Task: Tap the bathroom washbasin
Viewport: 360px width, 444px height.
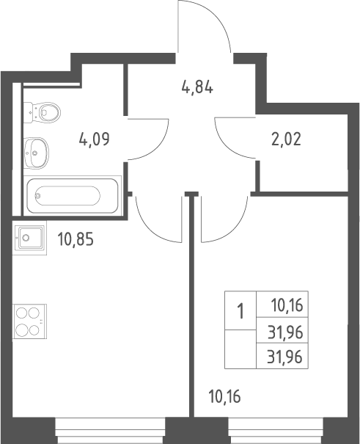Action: pyautogui.click(x=36, y=153)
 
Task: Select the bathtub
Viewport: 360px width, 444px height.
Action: pyautogui.click(x=73, y=195)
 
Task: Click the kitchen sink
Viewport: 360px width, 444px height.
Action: pyautogui.click(x=29, y=238)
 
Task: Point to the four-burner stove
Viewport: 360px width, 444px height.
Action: pyautogui.click(x=29, y=321)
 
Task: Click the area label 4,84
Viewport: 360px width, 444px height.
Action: pyautogui.click(x=197, y=87)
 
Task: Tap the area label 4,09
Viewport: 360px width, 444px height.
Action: pyautogui.click(x=94, y=139)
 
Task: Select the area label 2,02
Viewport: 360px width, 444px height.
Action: pyautogui.click(x=286, y=139)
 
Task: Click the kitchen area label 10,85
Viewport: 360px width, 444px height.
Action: pyautogui.click(x=76, y=239)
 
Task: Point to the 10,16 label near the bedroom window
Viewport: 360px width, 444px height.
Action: pyautogui.click(x=224, y=396)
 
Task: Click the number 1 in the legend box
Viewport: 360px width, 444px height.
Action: pyautogui.click(x=240, y=310)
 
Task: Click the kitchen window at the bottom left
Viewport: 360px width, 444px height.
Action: pyautogui.click(x=110, y=430)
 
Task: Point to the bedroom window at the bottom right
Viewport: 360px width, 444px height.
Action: pyautogui.click(x=276, y=430)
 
